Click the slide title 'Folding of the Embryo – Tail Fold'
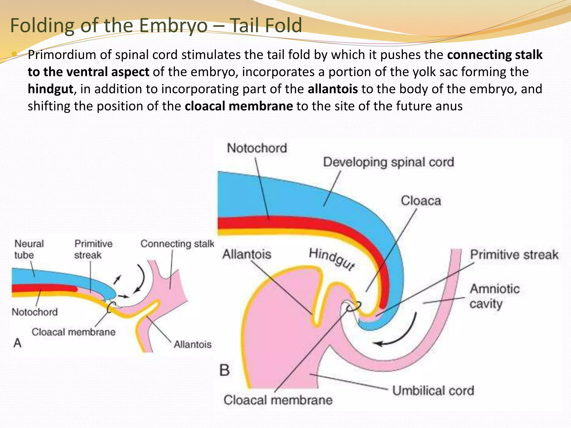pos(156,25)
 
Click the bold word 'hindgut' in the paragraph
pos(50,89)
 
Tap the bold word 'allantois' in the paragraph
pos(333,89)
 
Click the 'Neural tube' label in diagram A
pos(29,249)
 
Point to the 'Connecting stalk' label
pos(177,244)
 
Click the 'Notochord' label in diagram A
pos(35,312)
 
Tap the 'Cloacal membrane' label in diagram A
pos(73,332)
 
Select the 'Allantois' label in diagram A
pos(193,344)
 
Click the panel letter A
pos(17,343)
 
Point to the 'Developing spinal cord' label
pos(388,162)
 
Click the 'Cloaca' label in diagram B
pos(421,201)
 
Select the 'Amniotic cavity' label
pos(494,296)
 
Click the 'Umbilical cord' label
pos(433,391)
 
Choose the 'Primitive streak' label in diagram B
pos(514,255)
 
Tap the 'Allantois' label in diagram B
pos(247,254)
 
